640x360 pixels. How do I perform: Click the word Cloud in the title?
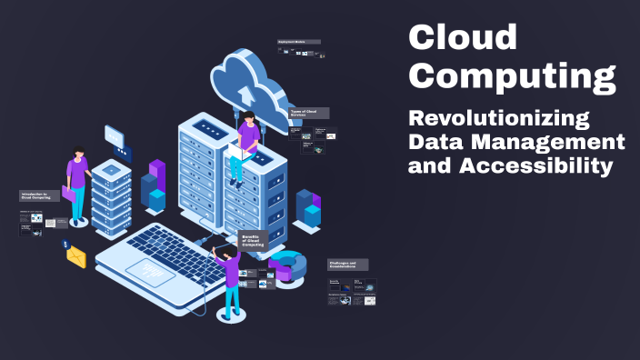[463, 37]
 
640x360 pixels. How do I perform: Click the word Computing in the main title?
[511, 76]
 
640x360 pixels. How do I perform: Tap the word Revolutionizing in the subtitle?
[498, 119]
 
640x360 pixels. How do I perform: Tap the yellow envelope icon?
[76, 258]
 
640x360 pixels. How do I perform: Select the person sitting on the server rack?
[244, 145]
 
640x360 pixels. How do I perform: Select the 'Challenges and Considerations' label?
[348, 265]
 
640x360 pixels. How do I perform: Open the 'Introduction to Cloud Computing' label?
[40, 195]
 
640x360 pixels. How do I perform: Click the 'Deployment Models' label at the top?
[292, 42]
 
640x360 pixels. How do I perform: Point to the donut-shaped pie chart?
[289, 265]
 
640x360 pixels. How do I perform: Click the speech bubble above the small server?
[115, 136]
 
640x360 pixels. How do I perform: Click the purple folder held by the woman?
[68, 193]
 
